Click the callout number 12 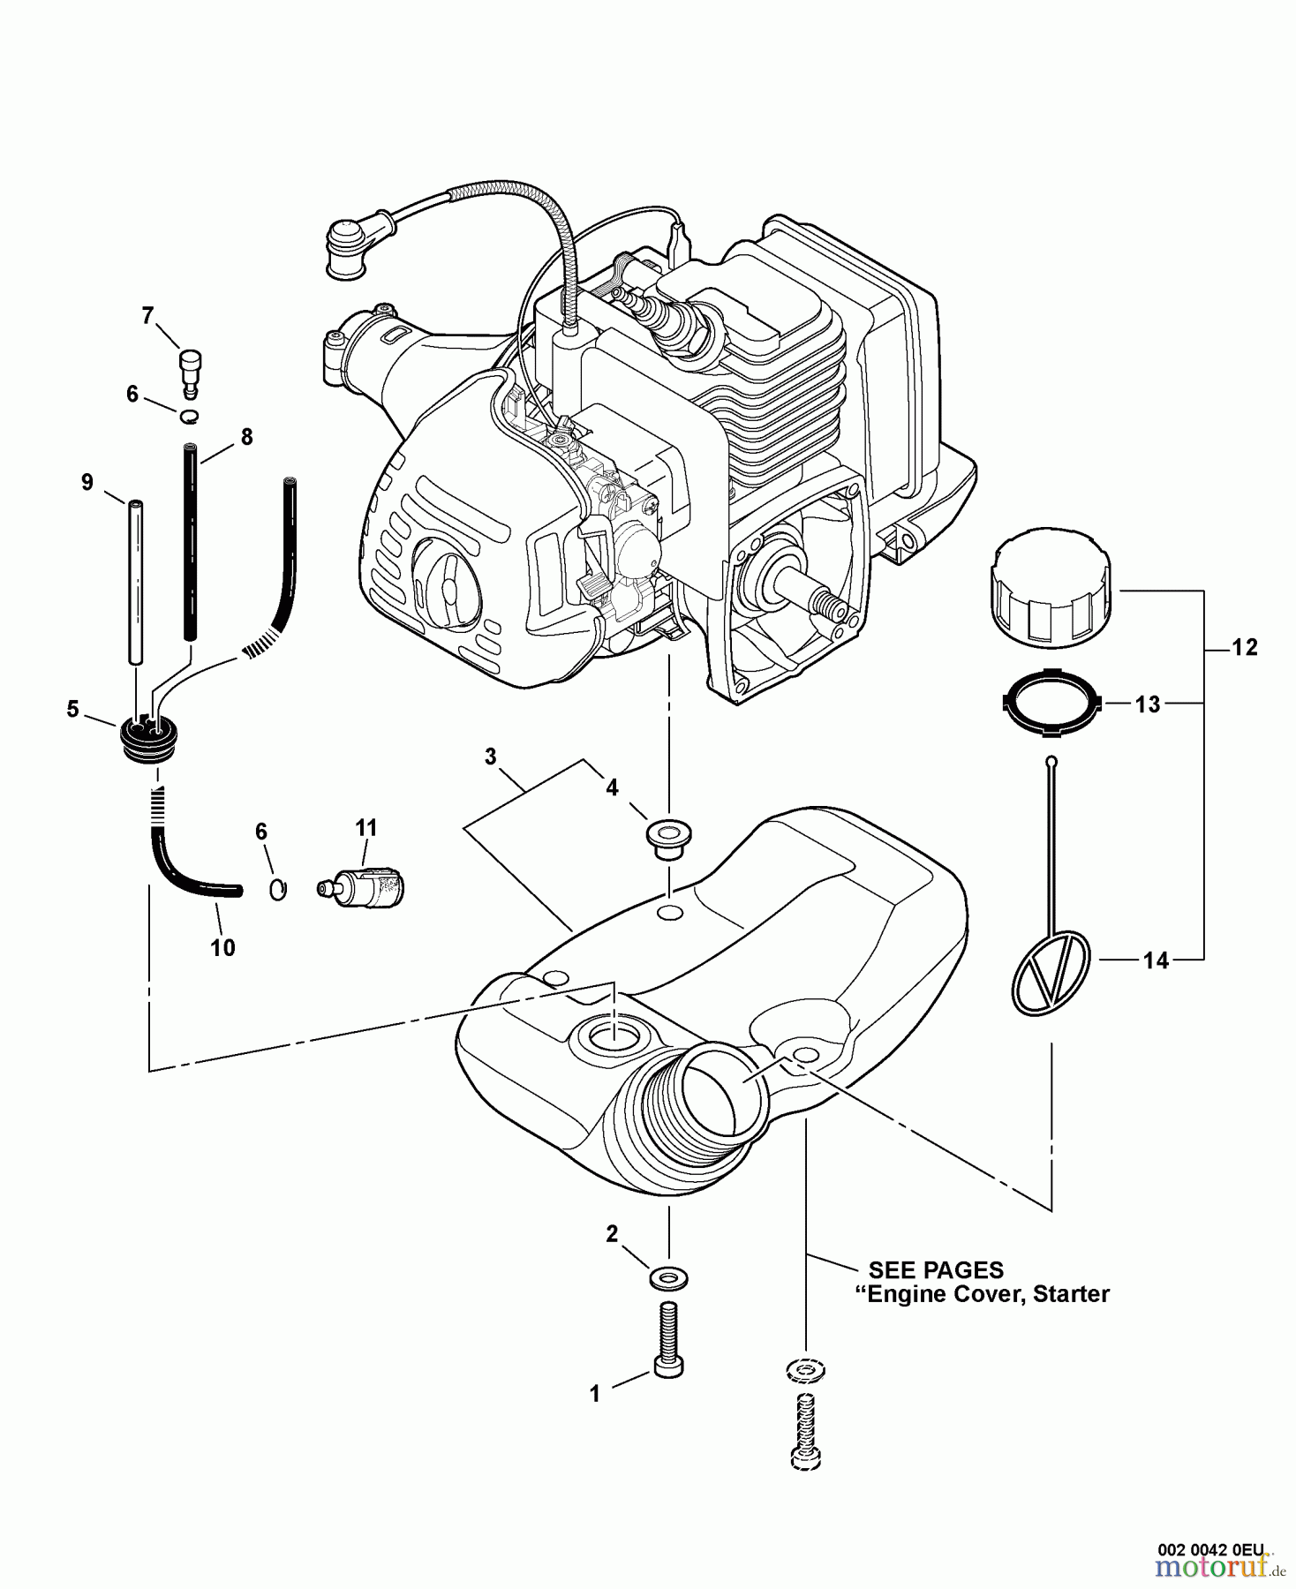tap(1244, 647)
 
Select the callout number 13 tap(1148, 704)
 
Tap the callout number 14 tap(1156, 960)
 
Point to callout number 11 tap(365, 828)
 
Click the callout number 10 tap(222, 947)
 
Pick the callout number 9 tap(87, 482)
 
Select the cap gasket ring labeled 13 tap(1051, 704)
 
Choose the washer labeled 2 tap(668, 1276)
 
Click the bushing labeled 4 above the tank tap(668, 836)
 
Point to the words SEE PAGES tap(936, 1269)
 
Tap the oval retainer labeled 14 tap(1051, 972)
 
